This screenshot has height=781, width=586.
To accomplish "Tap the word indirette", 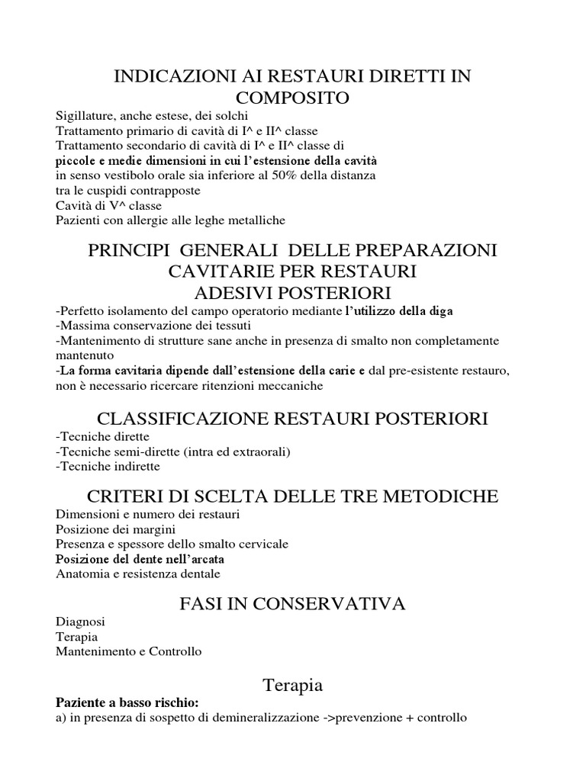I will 135,467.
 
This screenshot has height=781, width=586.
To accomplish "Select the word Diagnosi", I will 80,622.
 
